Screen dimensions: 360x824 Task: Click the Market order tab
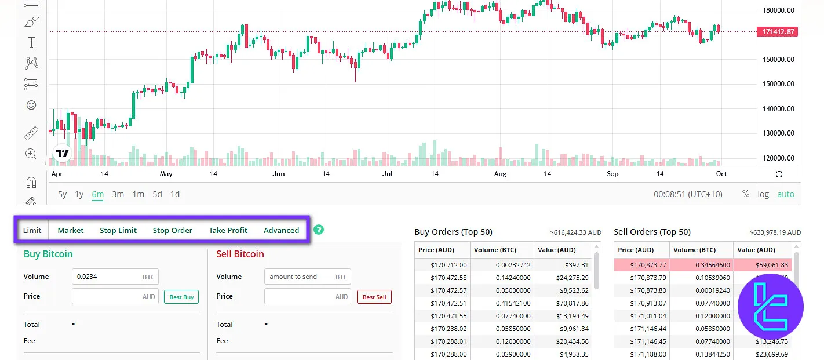(x=71, y=230)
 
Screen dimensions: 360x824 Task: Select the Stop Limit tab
(x=118, y=230)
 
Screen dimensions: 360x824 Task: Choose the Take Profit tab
(x=228, y=230)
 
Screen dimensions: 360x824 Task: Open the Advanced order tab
(x=281, y=230)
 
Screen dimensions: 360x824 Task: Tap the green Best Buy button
(x=181, y=297)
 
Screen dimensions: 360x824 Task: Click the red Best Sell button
(x=374, y=297)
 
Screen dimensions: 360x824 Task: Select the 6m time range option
(x=97, y=194)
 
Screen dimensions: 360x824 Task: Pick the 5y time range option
(x=62, y=194)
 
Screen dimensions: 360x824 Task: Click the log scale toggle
(x=763, y=194)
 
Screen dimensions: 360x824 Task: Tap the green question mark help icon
(x=318, y=230)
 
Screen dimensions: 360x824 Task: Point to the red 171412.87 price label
(x=777, y=32)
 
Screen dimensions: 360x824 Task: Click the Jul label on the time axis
(x=388, y=174)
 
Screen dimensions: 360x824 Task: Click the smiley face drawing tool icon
(x=31, y=105)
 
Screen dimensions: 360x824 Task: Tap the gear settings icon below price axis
(x=779, y=174)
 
